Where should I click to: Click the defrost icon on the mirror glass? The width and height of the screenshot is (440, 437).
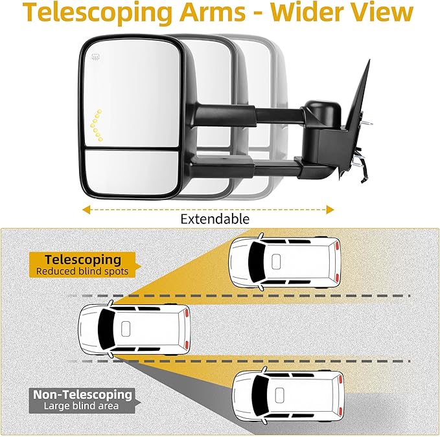[x=96, y=58]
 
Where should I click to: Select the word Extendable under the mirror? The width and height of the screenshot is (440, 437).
[x=214, y=219]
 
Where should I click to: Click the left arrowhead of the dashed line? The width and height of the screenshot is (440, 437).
[x=86, y=209]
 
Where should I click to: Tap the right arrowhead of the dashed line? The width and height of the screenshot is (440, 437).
[x=330, y=209]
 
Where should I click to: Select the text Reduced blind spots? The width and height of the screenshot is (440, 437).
[x=82, y=271]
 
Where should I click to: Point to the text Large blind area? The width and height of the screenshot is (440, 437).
[x=81, y=406]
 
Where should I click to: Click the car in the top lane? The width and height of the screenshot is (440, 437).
[x=286, y=261]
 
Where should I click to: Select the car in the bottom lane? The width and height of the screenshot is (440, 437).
[x=288, y=395]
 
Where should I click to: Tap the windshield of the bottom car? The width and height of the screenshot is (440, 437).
[x=257, y=395]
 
